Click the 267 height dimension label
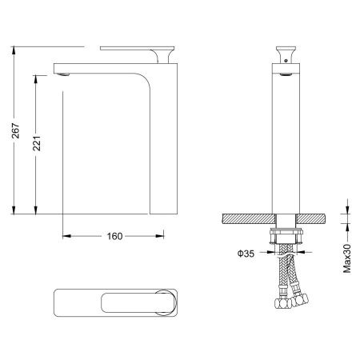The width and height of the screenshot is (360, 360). click(x=16, y=130)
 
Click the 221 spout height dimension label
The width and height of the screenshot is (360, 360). click(x=37, y=143)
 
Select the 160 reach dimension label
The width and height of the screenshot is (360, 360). click(x=114, y=236)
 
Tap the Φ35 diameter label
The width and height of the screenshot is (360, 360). click(x=246, y=254)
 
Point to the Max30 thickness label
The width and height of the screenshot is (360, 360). click(x=347, y=258)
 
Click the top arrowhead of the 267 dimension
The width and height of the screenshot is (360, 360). click(x=14, y=50)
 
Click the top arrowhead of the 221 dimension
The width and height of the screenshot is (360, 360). click(x=35, y=79)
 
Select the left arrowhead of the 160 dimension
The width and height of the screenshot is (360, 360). click(x=66, y=236)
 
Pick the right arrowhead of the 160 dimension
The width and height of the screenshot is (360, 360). click(x=159, y=236)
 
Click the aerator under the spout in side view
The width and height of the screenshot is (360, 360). click(x=63, y=74)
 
